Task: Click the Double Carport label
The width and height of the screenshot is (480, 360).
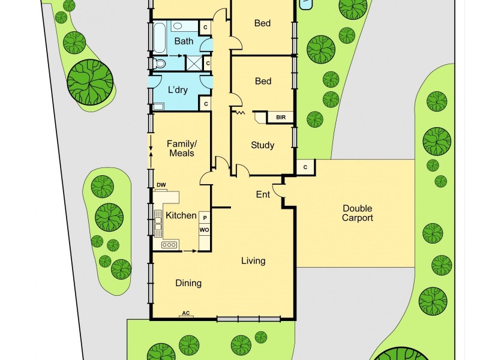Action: (358, 213)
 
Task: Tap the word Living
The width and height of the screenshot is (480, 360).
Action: (253, 261)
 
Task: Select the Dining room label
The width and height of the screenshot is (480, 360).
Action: (188, 283)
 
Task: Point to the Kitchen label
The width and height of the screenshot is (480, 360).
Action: (181, 215)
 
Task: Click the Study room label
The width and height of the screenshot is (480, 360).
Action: (262, 145)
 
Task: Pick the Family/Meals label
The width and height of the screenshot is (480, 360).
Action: (181, 148)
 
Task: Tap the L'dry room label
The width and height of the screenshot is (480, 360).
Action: (178, 91)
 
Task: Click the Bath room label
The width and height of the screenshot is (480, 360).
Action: (184, 41)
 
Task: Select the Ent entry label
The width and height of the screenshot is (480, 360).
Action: (263, 194)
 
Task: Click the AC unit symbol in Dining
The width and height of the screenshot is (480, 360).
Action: (186, 314)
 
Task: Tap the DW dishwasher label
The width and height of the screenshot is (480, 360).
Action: (161, 185)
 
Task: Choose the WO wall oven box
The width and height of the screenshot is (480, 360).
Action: (205, 230)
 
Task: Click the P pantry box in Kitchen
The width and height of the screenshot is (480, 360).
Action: (205, 218)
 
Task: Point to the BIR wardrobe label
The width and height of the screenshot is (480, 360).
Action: (281, 118)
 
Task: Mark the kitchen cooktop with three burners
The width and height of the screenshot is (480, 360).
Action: (169, 244)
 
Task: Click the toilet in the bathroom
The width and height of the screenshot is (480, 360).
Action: (160, 63)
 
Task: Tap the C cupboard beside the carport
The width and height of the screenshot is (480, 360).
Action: (305, 167)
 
